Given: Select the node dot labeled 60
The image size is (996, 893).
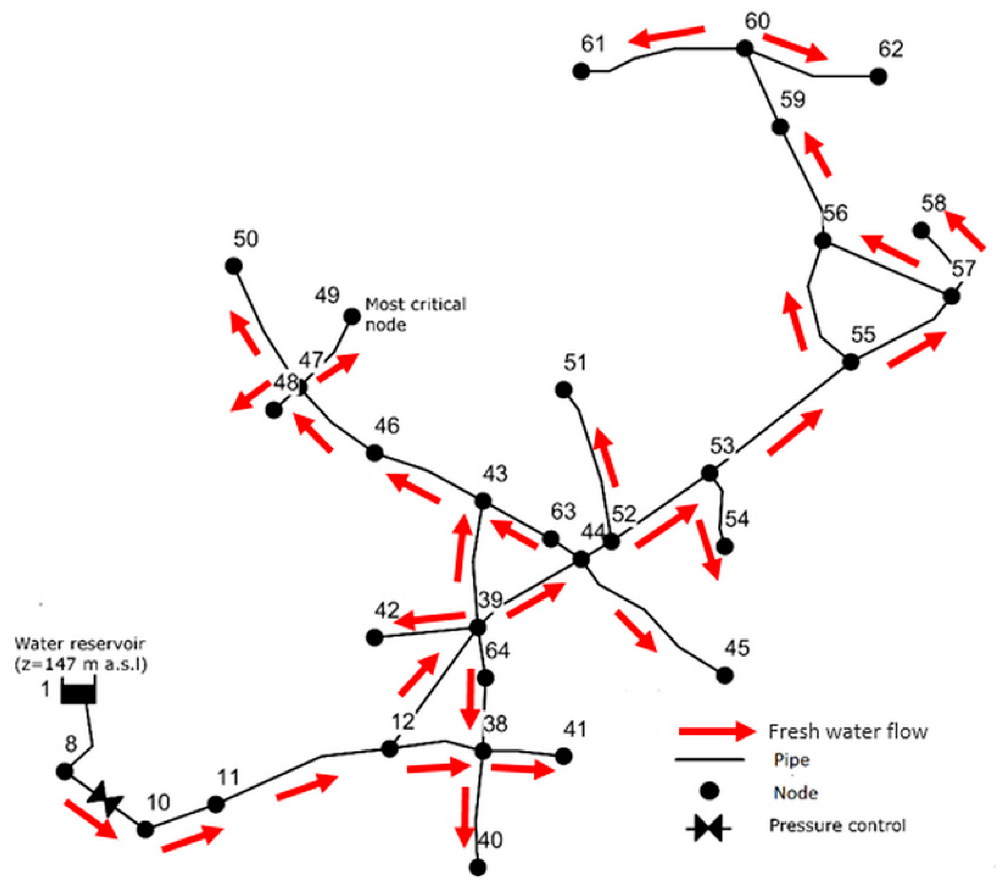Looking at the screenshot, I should [x=745, y=48].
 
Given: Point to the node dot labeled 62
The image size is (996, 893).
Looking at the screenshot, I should [x=878, y=77].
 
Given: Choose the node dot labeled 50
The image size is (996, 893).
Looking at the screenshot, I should [x=233, y=266].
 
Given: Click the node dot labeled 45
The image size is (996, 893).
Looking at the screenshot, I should [x=725, y=676].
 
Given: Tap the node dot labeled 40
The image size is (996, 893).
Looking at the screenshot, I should [x=478, y=867].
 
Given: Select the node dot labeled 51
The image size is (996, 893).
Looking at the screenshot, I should [x=564, y=390].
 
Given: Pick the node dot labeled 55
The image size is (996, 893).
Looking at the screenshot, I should [x=851, y=362].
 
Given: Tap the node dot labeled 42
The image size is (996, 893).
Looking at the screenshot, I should [x=374, y=638].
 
